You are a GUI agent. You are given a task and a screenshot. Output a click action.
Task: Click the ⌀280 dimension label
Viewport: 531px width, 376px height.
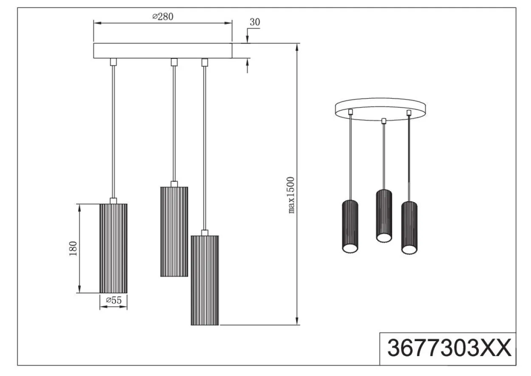click(163, 17)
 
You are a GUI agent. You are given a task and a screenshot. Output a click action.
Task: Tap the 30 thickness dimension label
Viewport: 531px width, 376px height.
click(255, 22)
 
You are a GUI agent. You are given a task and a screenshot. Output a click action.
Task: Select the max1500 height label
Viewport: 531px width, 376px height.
click(291, 195)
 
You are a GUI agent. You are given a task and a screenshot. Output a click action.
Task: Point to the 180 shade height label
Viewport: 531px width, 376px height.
click(73, 249)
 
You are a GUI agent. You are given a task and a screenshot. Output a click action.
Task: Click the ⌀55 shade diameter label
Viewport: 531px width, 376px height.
click(114, 300)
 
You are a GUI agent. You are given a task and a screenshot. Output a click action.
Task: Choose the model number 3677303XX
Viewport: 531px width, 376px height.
click(449, 348)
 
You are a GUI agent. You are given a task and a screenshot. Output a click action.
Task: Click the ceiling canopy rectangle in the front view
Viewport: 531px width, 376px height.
click(163, 51)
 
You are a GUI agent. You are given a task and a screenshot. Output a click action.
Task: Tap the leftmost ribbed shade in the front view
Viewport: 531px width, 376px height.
click(113, 248)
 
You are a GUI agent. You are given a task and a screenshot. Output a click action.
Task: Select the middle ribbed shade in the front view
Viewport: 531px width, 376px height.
click(174, 232)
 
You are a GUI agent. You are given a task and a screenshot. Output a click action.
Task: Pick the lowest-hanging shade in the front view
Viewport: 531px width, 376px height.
click(205, 280)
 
